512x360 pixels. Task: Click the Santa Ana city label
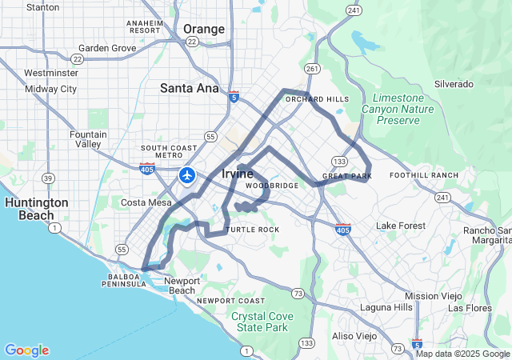pyautogui.click(x=190, y=88)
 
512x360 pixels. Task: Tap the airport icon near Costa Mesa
pyautogui.click(x=188, y=174)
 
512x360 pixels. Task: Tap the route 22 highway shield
pyautogui.click(x=77, y=58)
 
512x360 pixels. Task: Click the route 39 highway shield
pyautogui.click(x=49, y=178)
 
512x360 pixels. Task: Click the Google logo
pyautogui.click(x=26, y=350)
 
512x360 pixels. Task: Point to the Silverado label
pyautogui.click(x=454, y=84)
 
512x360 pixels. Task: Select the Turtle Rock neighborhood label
pyautogui.click(x=253, y=230)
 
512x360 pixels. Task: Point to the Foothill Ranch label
pyautogui.click(x=424, y=175)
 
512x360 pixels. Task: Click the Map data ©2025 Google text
pyautogui.click(x=462, y=354)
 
